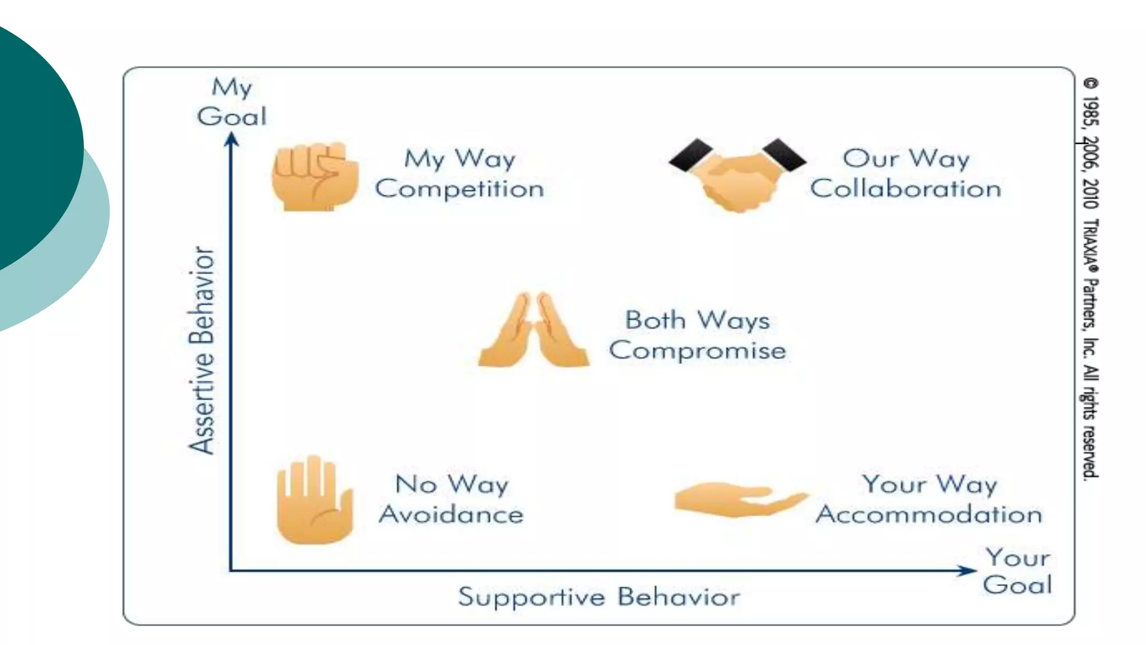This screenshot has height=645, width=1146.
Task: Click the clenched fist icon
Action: pyautogui.click(x=314, y=176)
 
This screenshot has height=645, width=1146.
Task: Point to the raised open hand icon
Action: pyautogui.click(x=314, y=500)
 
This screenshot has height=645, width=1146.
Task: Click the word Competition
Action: pyautogui.click(x=459, y=189)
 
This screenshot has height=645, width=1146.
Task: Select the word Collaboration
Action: pyautogui.click(x=905, y=189)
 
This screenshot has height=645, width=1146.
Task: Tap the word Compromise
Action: pyautogui.click(x=697, y=350)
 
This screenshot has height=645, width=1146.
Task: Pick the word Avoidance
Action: pyautogui.click(x=451, y=514)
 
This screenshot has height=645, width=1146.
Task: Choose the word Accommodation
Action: pyautogui.click(x=929, y=514)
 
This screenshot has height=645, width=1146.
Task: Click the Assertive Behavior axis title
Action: pyautogui.click(x=201, y=350)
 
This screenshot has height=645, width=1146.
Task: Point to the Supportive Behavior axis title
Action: pyautogui.click(x=599, y=597)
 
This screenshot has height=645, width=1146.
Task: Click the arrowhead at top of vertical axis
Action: pyautogui.click(x=232, y=139)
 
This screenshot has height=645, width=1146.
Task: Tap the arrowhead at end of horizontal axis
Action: pyautogui.click(x=966, y=571)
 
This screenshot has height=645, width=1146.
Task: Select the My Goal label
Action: pyautogui.click(x=232, y=102)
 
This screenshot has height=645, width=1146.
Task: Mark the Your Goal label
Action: pyautogui.click(x=1017, y=571)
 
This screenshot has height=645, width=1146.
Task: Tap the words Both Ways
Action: pyautogui.click(x=697, y=320)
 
